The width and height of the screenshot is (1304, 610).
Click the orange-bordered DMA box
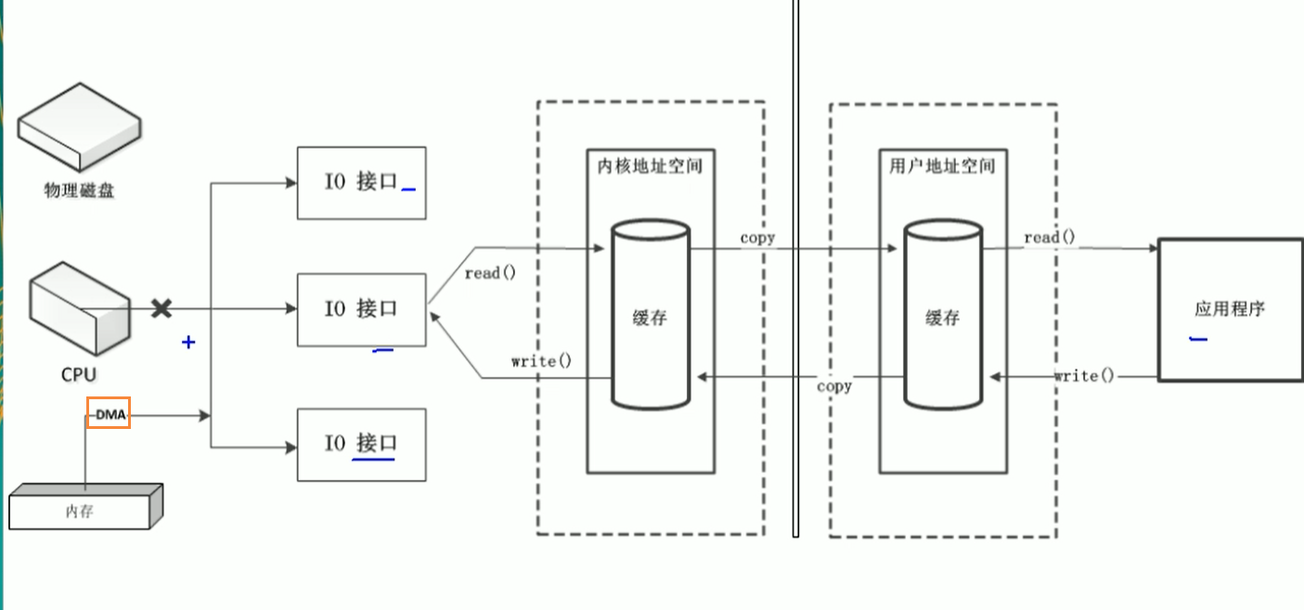tap(109, 413)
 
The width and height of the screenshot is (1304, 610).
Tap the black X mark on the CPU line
tap(161, 308)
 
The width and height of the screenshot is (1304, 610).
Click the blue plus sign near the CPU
tap(188, 342)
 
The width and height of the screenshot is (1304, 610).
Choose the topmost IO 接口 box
tap(361, 182)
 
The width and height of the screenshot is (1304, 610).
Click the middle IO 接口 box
tap(361, 309)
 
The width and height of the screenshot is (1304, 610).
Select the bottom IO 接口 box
tap(361, 443)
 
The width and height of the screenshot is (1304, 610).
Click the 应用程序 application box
tap(1230, 309)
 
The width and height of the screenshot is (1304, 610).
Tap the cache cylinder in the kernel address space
tap(650, 316)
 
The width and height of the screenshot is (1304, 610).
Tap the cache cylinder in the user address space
tap(942, 316)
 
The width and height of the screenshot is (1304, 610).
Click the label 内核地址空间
tap(650, 166)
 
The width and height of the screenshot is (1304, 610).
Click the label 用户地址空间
tap(942, 166)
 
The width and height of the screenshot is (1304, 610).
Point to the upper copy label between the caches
tap(757, 238)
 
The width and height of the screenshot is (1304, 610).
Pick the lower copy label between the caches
tap(834, 385)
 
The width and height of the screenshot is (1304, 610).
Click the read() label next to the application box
tap(1050, 238)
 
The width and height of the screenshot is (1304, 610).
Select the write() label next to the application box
tap(1083, 376)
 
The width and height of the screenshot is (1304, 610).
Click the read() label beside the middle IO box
tap(489, 273)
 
